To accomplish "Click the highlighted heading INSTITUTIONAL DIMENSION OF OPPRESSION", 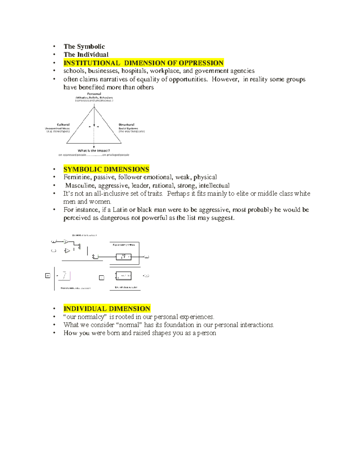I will pos(143,63).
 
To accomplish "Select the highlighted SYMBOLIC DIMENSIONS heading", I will pos(106,169).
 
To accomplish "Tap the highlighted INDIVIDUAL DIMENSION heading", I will pos(107,309).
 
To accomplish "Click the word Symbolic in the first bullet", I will pos(91,47).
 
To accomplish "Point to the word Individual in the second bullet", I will pos(93,55).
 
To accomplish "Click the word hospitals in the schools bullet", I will pos(134,71).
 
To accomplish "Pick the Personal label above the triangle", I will pos(94,94).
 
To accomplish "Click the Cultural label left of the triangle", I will pos(63,125).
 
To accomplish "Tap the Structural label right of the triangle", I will pos(126,125).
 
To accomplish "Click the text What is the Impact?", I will pos(94,151).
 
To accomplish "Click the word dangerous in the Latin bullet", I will pos(115,218).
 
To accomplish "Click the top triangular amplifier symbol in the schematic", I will pos(66,242).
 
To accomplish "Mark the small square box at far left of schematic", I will pos(48,275).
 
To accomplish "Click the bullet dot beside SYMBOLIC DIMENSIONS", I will pos(54,169).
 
